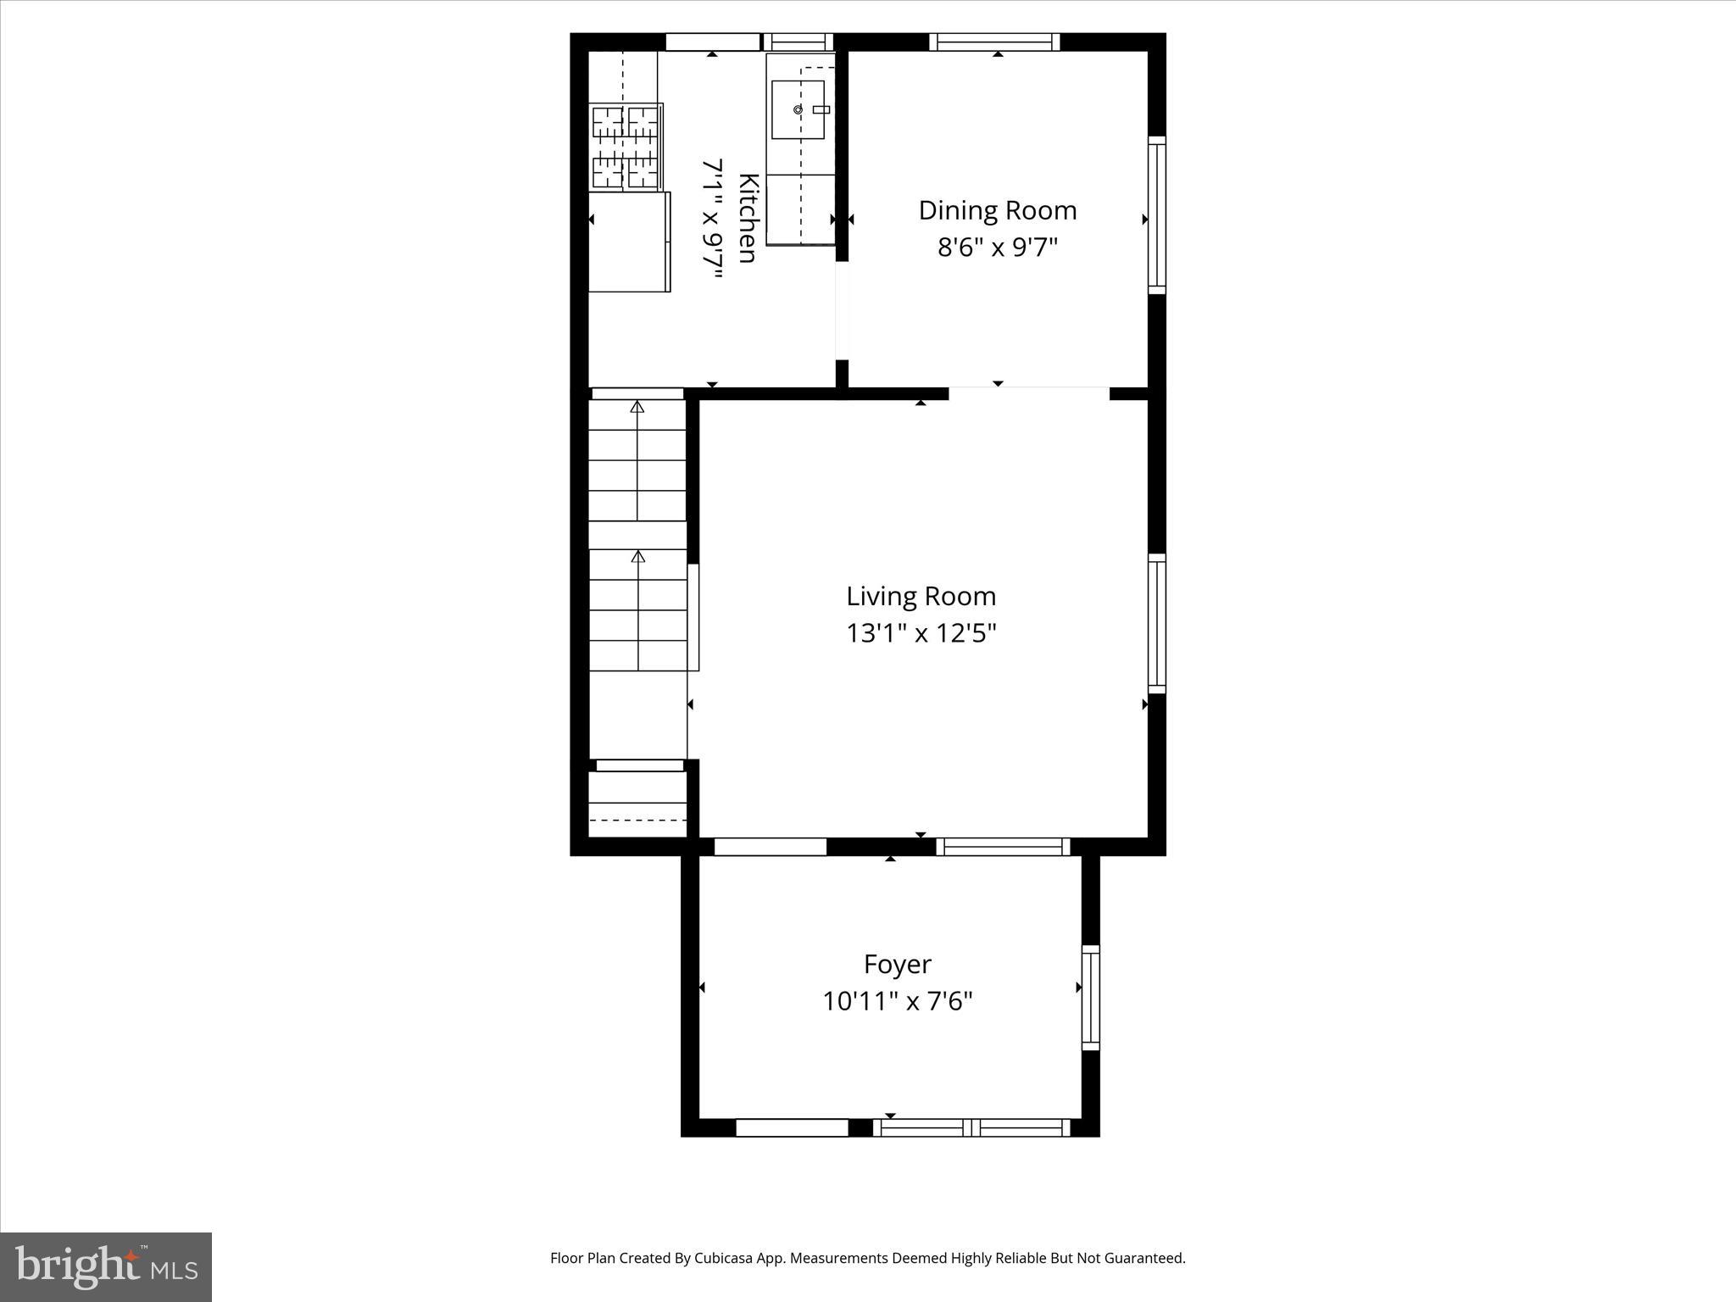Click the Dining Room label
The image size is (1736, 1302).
click(x=997, y=210)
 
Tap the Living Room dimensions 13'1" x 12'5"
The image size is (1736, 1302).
click(x=921, y=633)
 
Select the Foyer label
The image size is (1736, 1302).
click(x=897, y=964)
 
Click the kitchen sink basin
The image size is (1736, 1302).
click(x=797, y=110)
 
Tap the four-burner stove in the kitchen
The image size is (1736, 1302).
click(x=626, y=146)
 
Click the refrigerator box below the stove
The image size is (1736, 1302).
click(x=628, y=242)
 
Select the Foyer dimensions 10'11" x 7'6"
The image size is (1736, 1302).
click(x=897, y=1002)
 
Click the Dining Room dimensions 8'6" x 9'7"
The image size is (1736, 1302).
click(x=997, y=248)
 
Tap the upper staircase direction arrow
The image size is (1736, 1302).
click(x=637, y=408)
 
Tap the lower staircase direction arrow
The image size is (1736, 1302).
click(x=637, y=557)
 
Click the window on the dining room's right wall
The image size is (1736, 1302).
click(x=1156, y=215)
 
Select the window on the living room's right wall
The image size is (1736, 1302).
click(x=1156, y=623)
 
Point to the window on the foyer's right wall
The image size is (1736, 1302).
click(x=1090, y=998)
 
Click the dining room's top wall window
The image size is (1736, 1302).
click(x=994, y=42)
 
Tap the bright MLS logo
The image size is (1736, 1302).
click(x=106, y=1266)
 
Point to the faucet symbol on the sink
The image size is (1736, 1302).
click(x=820, y=109)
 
